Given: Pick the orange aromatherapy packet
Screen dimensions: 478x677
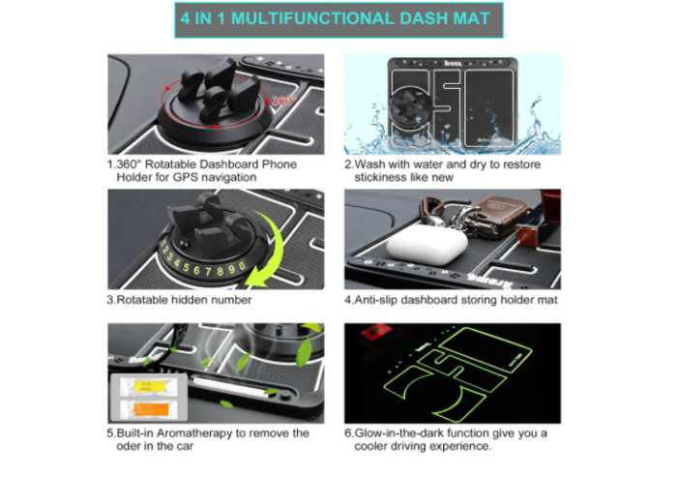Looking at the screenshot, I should [x=150, y=406].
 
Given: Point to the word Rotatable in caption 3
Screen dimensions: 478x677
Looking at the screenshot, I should [x=146, y=300].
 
